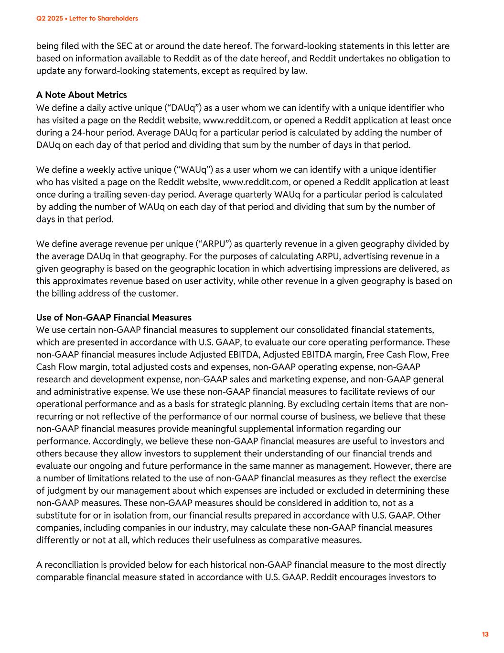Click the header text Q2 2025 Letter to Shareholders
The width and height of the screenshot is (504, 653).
[x=87, y=19]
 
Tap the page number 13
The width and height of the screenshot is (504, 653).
[x=485, y=634]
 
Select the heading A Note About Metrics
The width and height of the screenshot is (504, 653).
[x=81, y=95]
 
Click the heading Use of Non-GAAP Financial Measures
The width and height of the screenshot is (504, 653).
[x=114, y=317]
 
